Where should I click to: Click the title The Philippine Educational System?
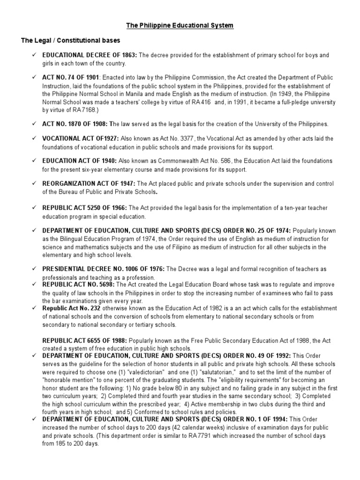click(180, 25)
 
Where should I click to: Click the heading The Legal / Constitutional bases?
click(70, 40)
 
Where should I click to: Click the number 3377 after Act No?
click(178, 139)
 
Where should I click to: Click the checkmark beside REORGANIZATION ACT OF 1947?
click(34, 183)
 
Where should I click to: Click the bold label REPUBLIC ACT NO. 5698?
click(78, 285)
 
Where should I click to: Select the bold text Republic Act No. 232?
click(71, 308)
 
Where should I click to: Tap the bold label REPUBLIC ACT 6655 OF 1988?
click(84, 340)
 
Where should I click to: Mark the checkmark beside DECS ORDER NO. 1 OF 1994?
click(34, 420)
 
